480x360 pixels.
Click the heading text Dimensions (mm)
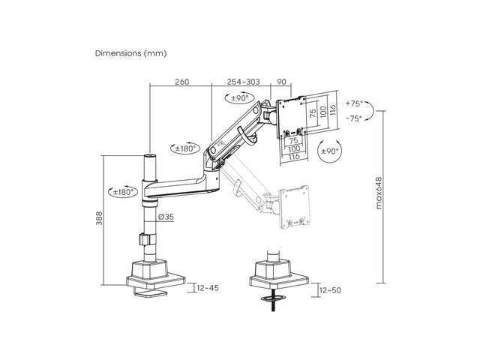[x=130, y=53]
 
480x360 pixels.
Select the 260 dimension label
[x=181, y=82]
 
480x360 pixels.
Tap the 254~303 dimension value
[x=243, y=82]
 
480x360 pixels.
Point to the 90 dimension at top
[x=281, y=82]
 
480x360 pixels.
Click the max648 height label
[x=379, y=193]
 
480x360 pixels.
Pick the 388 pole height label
[x=100, y=218]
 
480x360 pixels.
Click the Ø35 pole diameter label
[x=166, y=217]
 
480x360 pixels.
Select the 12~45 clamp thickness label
[x=208, y=288]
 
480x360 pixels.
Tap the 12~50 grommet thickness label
[x=330, y=290]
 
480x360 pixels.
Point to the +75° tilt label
[x=354, y=103]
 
